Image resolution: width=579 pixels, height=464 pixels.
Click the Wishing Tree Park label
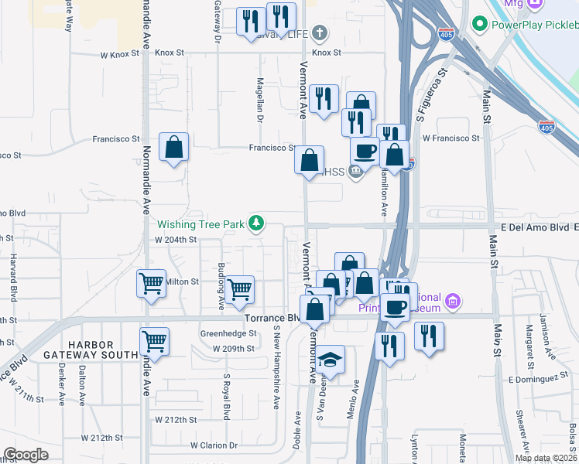pyautogui.click(x=201, y=225)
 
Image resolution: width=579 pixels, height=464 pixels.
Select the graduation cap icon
pyautogui.click(x=331, y=360)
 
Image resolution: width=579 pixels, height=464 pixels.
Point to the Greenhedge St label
pyautogui.click(x=229, y=334)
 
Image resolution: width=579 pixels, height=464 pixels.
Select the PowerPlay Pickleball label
pyautogui.click(x=534, y=24)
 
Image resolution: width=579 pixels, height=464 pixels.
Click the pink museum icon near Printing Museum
pyautogui.click(x=454, y=299)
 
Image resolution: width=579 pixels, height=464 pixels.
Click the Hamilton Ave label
pyautogui.click(x=383, y=193)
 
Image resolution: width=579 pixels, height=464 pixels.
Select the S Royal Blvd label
pyautogui.click(x=227, y=393)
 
